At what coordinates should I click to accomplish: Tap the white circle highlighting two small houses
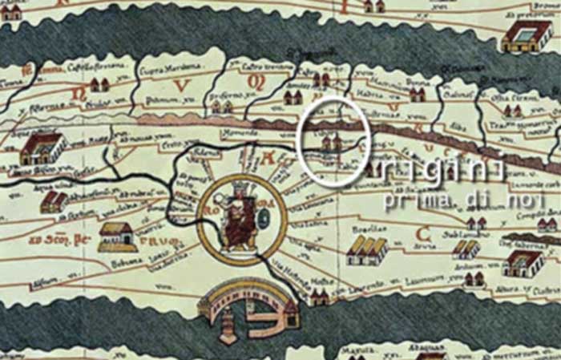pyautogui.click(x=333, y=141)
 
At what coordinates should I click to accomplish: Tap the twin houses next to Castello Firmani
pyautogui.click(x=99, y=83)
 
